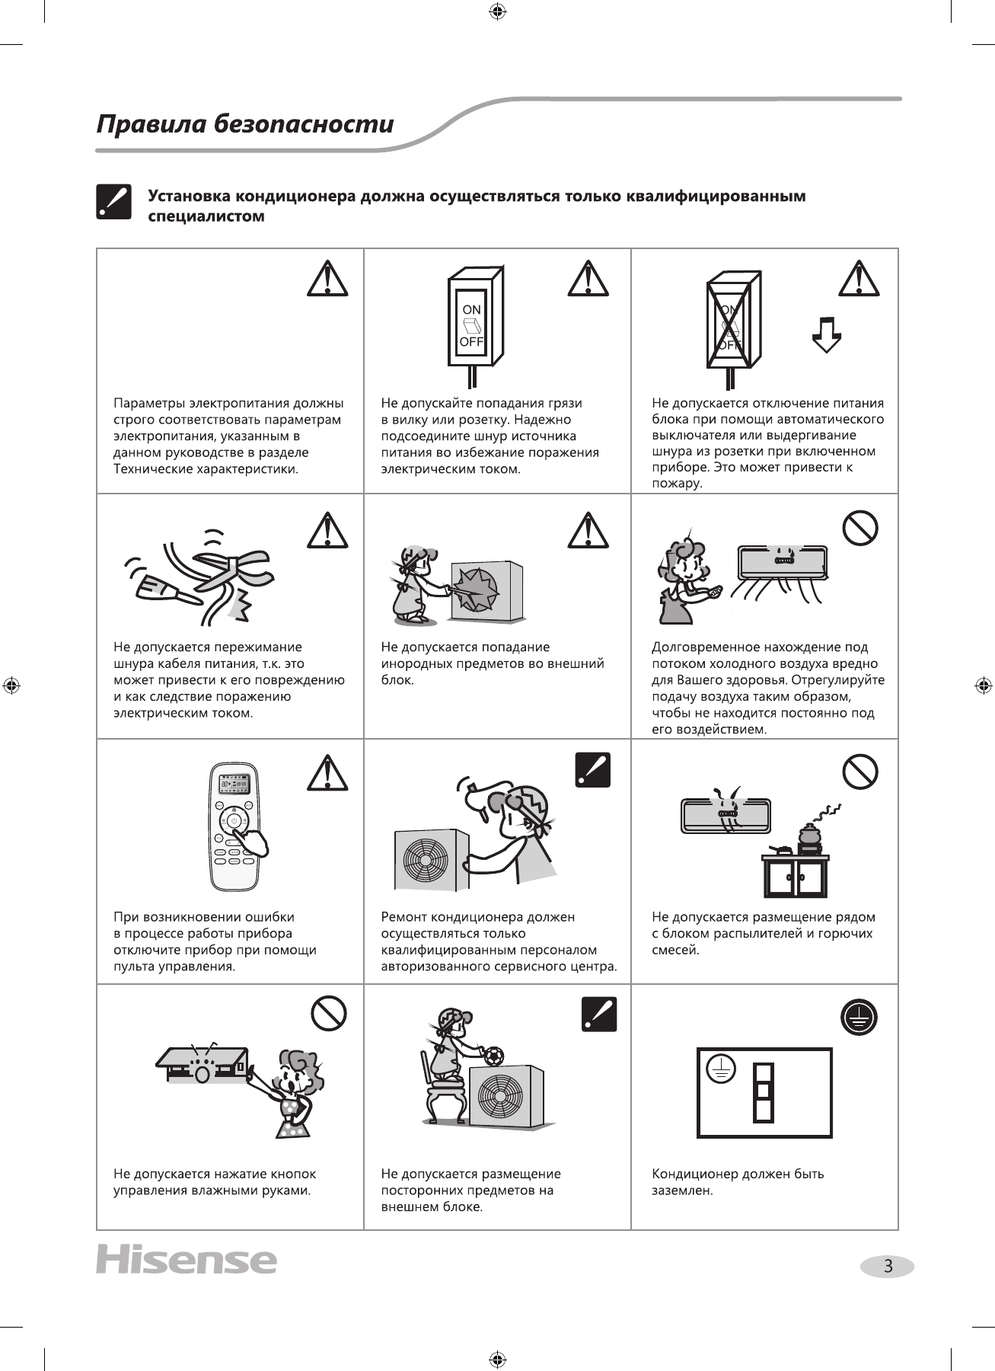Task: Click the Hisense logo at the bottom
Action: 187,1259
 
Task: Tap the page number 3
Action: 887,1267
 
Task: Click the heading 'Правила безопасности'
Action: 244,124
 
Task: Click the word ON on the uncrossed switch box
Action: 471,309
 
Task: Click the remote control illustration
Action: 235,826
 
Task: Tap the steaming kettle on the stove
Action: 809,835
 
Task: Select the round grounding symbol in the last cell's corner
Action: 859,1017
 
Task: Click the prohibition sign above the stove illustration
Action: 860,772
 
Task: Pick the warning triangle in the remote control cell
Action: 327,772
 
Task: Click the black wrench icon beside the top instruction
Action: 113,202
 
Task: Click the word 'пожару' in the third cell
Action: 677,484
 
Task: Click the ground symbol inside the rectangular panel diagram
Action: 720,1070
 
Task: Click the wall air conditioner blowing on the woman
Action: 782,561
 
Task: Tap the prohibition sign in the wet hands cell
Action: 329,1014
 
